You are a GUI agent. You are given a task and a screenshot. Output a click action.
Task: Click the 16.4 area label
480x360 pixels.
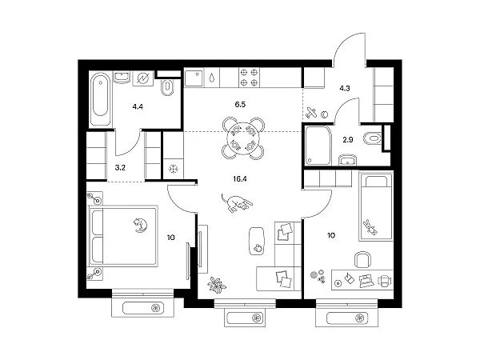click(x=240, y=178)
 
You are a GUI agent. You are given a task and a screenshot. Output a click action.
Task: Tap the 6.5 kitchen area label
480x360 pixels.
click(x=240, y=104)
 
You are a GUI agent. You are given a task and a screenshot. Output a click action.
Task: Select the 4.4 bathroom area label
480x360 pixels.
click(x=138, y=106)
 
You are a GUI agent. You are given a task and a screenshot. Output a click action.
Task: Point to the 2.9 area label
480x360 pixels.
click(x=348, y=140)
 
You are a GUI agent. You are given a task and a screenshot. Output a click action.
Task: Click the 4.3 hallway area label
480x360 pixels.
click(x=345, y=89)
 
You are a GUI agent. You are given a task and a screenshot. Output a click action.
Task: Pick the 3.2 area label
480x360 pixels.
click(x=120, y=168)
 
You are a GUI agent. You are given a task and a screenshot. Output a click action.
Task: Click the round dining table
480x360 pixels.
click(x=243, y=138)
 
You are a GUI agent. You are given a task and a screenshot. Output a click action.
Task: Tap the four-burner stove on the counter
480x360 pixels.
click(x=249, y=78)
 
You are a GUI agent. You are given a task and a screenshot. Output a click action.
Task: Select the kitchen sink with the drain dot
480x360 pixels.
click(x=194, y=78)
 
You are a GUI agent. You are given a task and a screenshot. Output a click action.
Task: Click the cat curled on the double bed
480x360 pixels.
click(x=140, y=225)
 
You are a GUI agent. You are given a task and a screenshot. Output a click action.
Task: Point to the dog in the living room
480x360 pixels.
click(x=237, y=202)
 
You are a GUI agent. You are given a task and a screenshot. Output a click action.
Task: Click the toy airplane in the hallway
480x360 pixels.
click(x=311, y=113)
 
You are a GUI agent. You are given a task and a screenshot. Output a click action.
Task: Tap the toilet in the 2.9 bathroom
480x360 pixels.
click(x=372, y=138)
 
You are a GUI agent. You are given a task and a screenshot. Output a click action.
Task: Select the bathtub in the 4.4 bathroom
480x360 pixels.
click(x=101, y=99)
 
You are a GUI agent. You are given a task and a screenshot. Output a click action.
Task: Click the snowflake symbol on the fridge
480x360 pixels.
click(x=174, y=169)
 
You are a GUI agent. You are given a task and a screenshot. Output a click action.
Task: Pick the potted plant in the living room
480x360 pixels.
click(x=217, y=285)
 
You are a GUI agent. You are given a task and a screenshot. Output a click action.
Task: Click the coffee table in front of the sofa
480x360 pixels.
click(x=257, y=241)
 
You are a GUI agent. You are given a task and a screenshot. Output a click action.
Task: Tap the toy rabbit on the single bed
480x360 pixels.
click(x=370, y=227)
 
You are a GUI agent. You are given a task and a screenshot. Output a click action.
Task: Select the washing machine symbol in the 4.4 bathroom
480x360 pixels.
click(x=143, y=79)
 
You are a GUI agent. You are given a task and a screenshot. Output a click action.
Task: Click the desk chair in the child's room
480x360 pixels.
click(x=363, y=259)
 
